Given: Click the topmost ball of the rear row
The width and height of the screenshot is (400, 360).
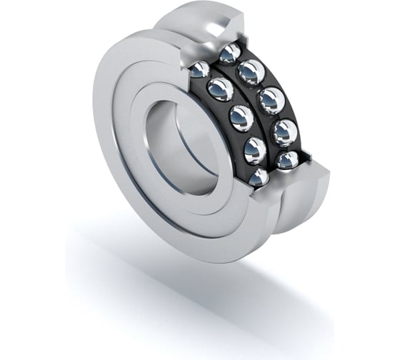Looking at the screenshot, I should click(230, 53).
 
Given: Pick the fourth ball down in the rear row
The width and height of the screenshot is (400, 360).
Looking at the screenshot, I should click(284, 132).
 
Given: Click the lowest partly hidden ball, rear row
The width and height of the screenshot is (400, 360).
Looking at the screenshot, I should click(287, 160).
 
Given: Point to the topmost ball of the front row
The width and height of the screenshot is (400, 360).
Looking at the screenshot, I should click(199, 69).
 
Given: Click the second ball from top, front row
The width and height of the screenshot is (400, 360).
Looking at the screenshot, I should click(220, 89).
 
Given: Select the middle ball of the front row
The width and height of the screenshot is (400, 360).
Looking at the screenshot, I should click(241, 118).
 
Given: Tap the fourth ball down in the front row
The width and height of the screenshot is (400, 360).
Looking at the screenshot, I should click(254, 150).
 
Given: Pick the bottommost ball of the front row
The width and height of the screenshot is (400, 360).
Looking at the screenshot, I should click(258, 176).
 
